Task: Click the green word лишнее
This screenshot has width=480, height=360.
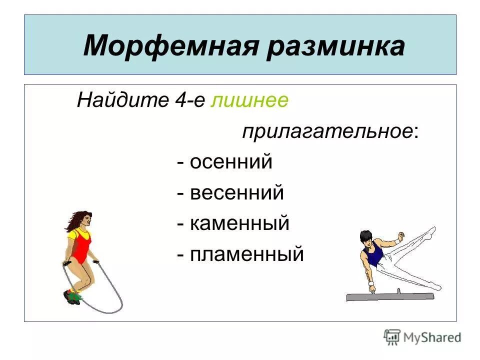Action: click(249, 100)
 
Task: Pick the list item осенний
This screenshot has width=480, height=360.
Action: click(231, 162)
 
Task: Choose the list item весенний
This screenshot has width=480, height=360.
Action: click(237, 193)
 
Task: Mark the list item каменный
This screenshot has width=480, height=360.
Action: click(239, 223)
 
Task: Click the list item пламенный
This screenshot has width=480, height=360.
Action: click(246, 254)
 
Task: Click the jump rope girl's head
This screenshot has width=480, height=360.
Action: click(82, 220)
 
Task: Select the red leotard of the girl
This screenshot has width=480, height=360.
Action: click(81, 247)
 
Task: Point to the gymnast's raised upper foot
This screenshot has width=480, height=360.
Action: click(431, 231)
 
